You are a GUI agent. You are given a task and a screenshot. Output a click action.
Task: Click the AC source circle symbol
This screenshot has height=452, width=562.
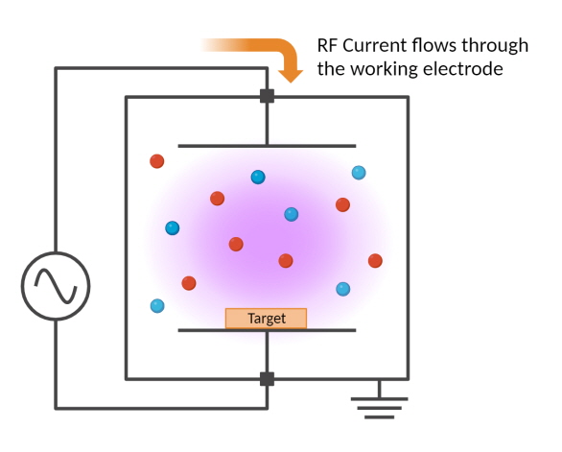pos(56,284)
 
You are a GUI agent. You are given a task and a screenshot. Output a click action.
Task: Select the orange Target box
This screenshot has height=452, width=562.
pos(266,319)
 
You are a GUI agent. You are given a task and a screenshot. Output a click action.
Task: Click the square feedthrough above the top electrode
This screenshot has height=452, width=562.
pos(267,96)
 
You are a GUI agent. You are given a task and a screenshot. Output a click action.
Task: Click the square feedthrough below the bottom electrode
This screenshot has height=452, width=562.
pos(267,378)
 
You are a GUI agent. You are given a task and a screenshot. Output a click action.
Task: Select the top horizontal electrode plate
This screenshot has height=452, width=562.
pos(267,146)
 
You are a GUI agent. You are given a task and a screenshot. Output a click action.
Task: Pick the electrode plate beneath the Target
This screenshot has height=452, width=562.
pos(267,331)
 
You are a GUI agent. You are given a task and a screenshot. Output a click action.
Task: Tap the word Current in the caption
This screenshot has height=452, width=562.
pos(377,45)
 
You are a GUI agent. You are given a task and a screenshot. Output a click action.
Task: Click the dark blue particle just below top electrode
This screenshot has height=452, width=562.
pos(258,177)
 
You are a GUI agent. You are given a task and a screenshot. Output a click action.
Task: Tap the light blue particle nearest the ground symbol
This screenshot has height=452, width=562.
pos(342,289)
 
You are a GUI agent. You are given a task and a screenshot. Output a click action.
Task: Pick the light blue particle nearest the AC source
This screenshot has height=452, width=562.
pos(157,306)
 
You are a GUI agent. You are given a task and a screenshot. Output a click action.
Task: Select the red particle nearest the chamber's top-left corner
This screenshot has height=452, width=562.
pos(156,161)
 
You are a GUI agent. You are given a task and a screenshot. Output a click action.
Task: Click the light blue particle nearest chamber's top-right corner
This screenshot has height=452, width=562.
pos(359,173)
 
